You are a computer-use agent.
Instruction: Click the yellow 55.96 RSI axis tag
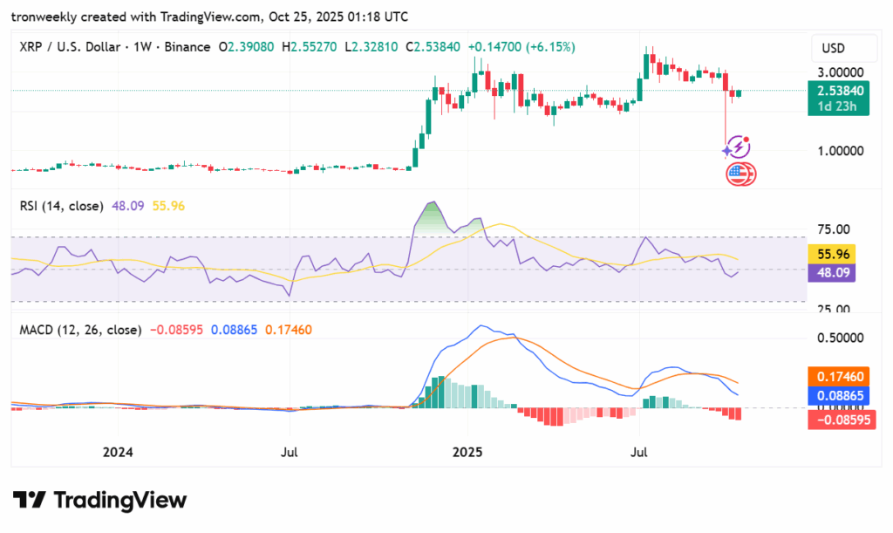coord(833,255)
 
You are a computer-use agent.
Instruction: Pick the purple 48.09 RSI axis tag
coord(833,272)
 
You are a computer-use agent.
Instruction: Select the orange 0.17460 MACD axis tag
coord(836,376)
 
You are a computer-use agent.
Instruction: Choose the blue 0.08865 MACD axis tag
coord(836,395)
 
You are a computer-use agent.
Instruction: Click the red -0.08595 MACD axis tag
coord(836,419)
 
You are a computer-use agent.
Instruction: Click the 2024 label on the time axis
coord(118,452)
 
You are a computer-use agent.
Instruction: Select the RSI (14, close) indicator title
coord(61,206)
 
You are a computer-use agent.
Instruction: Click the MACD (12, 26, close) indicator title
coord(79,330)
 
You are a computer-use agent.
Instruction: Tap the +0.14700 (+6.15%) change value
coord(521,46)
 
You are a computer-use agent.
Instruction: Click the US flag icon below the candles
coord(739,174)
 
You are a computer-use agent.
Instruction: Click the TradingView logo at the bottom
coord(100,500)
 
